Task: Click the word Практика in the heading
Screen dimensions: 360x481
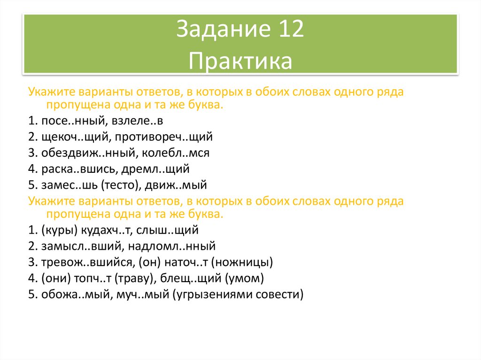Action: point(240,61)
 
